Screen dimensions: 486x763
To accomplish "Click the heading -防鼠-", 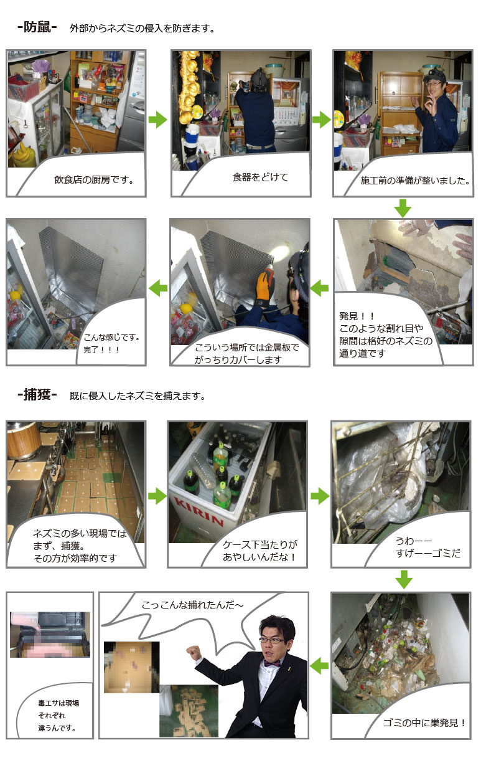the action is tap(37, 27).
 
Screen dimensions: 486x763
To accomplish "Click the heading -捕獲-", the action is tap(37, 395).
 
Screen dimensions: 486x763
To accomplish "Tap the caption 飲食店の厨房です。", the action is tap(94, 179).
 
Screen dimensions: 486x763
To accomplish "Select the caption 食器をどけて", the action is tap(260, 177).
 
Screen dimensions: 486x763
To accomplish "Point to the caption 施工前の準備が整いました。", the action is tap(415, 181).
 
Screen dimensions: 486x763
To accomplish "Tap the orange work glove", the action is tap(265, 285).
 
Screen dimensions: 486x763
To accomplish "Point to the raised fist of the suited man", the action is tap(194, 652).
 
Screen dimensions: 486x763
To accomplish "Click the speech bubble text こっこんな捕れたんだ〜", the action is tap(193, 605).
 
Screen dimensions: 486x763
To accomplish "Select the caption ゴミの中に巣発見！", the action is tap(424, 723).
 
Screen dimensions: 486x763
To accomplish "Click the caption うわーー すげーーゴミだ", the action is tap(428, 547).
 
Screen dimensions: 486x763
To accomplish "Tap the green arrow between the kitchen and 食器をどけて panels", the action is tap(158, 120).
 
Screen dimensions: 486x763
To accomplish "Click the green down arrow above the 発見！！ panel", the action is tap(403, 208).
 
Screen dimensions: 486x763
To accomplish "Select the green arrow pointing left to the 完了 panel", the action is tap(158, 288).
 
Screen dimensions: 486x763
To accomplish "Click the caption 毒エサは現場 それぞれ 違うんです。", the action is tap(58, 715).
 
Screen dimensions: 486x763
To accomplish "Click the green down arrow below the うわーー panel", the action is tap(404, 579).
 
